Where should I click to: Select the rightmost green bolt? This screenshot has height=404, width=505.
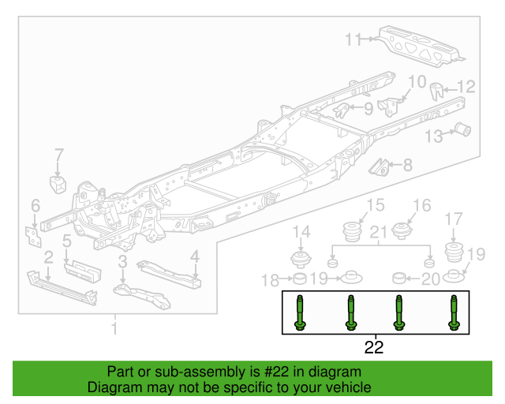(x=454, y=313)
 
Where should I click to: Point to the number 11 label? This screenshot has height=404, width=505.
(x=352, y=39)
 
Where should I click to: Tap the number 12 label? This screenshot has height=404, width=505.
(x=467, y=87)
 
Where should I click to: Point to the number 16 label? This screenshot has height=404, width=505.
(x=422, y=206)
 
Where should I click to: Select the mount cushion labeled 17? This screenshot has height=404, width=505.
(x=454, y=254)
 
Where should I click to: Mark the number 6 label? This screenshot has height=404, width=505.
(x=36, y=207)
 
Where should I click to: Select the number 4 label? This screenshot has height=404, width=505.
(x=194, y=256)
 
